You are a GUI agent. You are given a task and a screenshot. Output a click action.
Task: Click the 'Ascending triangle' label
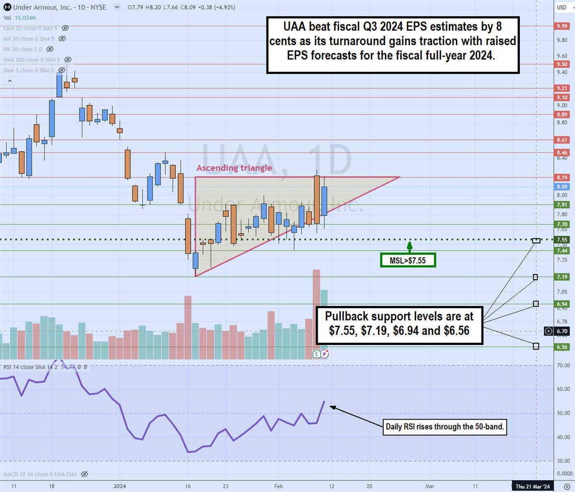[x=234, y=168]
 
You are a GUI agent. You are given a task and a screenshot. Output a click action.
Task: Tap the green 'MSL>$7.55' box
[x=408, y=260]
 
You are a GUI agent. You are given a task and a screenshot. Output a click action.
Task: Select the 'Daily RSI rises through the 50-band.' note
[x=445, y=426]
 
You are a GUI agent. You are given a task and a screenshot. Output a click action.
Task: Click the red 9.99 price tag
[x=562, y=26]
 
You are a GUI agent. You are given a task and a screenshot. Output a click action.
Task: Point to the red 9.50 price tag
[x=562, y=64]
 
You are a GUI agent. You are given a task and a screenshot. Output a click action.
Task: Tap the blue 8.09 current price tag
[x=562, y=187]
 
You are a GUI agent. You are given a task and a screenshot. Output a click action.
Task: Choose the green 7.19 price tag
[x=562, y=277]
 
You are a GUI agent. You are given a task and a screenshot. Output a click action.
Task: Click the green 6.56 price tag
[x=562, y=347]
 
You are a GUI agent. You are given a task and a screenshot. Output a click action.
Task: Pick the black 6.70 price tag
[x=562, y=331]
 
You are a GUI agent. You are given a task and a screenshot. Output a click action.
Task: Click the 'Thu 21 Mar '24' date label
[x=534, y=486]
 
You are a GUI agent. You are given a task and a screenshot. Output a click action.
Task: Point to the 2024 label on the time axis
[x=120, y=486]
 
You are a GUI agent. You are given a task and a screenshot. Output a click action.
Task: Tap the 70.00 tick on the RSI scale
[x=563, y=366]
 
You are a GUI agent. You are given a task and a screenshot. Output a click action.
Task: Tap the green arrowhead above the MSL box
[x=410, y=245]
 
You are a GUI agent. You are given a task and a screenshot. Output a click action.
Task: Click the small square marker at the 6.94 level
[x=536, y=304]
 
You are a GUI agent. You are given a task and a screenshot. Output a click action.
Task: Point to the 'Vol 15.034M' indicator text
[x=20, y=18]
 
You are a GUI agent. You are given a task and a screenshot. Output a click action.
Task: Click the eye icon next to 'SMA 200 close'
[x=68, y=60]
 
